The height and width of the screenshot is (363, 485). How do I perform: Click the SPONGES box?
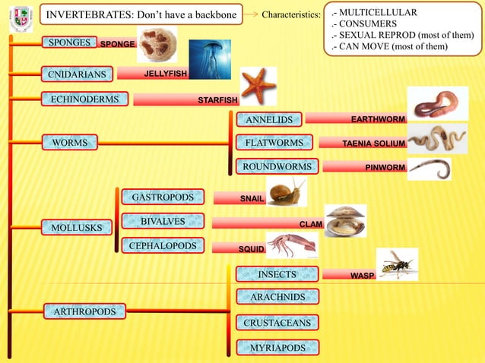coord(69,43)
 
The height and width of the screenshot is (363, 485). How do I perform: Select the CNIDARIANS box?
coord(76,74)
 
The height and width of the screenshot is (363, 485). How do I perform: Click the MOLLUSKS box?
coord(76,227)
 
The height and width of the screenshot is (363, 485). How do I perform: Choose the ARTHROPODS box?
coord(84,311)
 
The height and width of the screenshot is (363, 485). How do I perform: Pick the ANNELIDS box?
coord(268,119)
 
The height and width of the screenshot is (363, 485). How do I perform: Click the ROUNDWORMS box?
coord(277,166)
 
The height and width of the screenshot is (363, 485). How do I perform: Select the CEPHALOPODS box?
coord(163,246)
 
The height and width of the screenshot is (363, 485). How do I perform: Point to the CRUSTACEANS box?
coord(277,323)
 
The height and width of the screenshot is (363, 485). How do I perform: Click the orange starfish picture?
coord(258,85)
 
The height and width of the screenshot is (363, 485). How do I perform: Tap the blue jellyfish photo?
coord(209,59)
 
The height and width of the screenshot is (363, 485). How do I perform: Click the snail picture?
coord(287,191)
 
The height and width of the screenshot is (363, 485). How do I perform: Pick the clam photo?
coord(345,219)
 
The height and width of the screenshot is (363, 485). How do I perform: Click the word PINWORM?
coord(385,167)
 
